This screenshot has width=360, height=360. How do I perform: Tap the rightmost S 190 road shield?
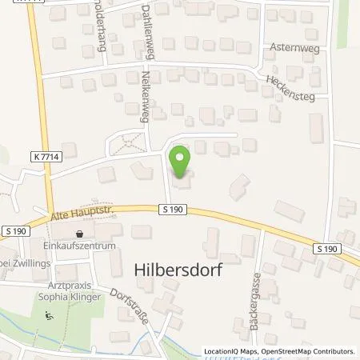pos(325,249)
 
